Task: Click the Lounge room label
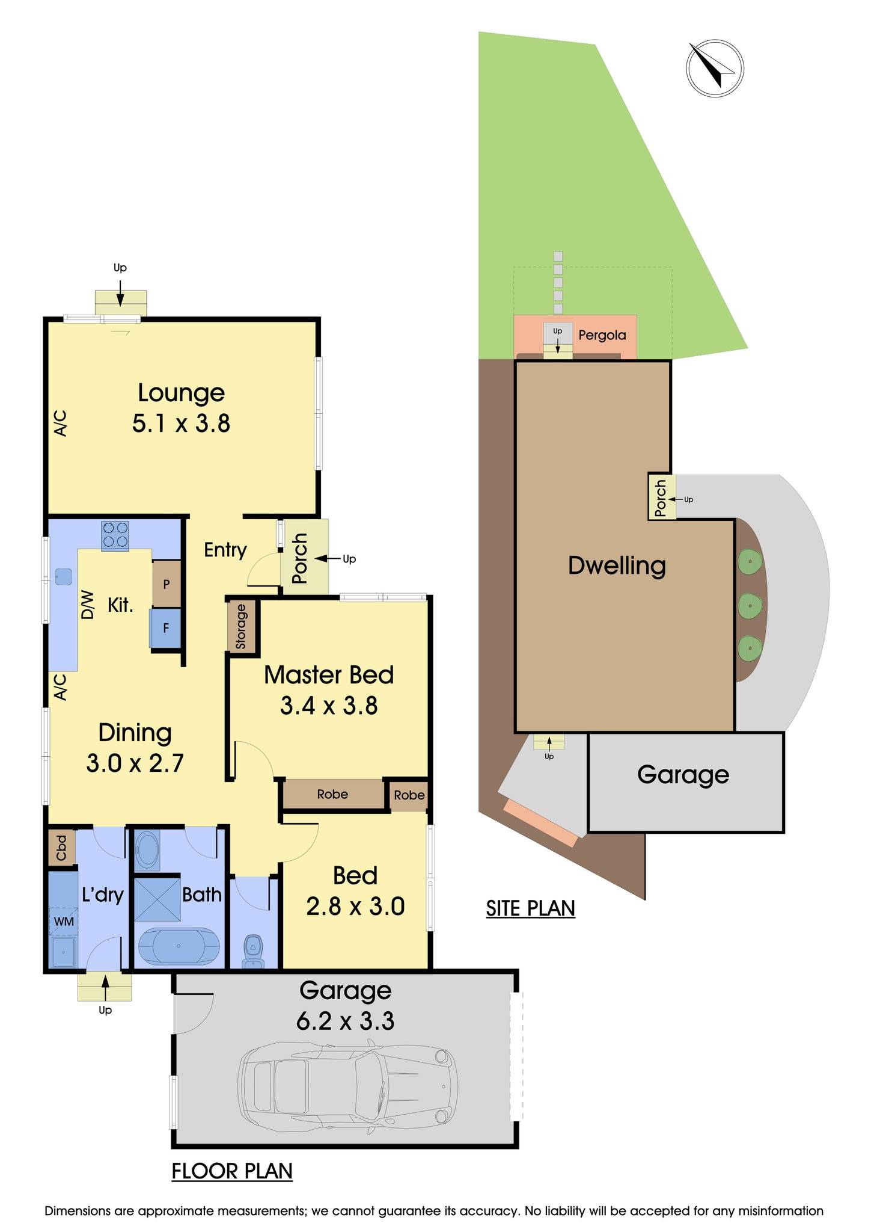click(x=181, y=393)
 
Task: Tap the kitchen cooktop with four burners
click(x=115, y=535)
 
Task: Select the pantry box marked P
click(x=167, y=584)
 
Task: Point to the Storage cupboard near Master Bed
click(x=242, y=626)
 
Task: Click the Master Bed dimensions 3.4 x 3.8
click(x=329, y=706)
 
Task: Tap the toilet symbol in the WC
click(x=253, y=948)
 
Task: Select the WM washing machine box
click(x=63, y=921)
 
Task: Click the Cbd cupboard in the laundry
click(x=61, y=848)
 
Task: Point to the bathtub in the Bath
click(x=179, y=946)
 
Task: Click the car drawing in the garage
click(x=348, y=1087)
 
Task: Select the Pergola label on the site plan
click(x=602, y=336)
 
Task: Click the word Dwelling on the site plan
click(x=617, y=565)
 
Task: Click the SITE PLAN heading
click(x=530, y=908)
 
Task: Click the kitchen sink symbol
click(x=63, y=576)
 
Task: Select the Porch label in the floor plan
click(x=299, y=558)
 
